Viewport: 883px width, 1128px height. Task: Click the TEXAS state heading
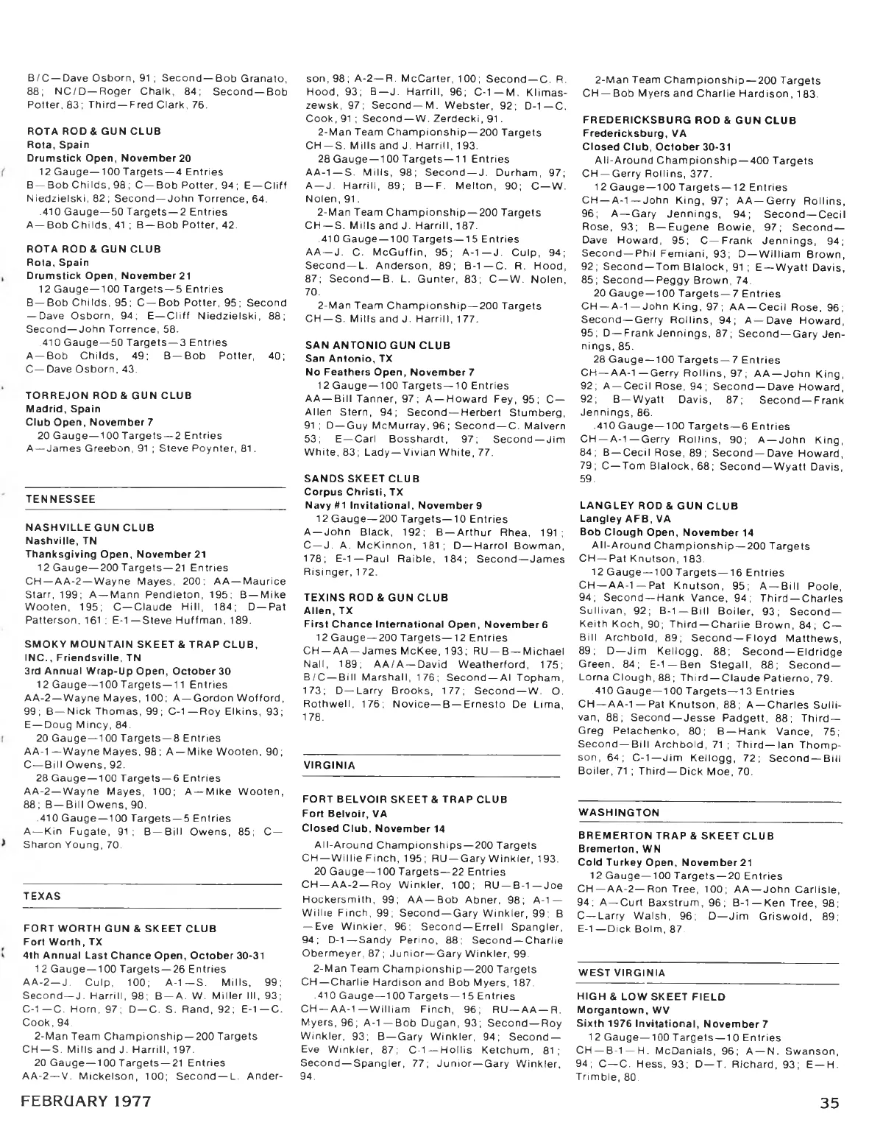pyautogui.click(x=42, y=896)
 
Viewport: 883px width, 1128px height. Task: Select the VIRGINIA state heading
pyautogui.click(x=329, y=765)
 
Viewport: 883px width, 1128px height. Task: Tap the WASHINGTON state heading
pyautogui.click(x=619, y=812)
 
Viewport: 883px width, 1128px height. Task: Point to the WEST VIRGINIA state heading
pyautogui.click(x=622, y=973)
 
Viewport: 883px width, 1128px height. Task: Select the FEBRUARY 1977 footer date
pyautogui.click(x=87, y=1102)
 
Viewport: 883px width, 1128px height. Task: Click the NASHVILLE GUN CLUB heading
pyautogui.click(x=90, y=527)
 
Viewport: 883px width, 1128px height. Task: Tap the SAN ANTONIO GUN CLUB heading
pyautogui.click(x=377, y=345)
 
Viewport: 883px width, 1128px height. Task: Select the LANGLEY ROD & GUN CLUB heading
pyautogui.click(x=659, y=506)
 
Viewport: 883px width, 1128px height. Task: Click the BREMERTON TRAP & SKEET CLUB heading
pyautogui.click(x=676, y=836)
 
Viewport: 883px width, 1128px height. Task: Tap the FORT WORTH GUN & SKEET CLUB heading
pyautogui.click(x=110, y=928)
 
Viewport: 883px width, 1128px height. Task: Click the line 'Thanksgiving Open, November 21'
pyautogui.click(x=106, y=554)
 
